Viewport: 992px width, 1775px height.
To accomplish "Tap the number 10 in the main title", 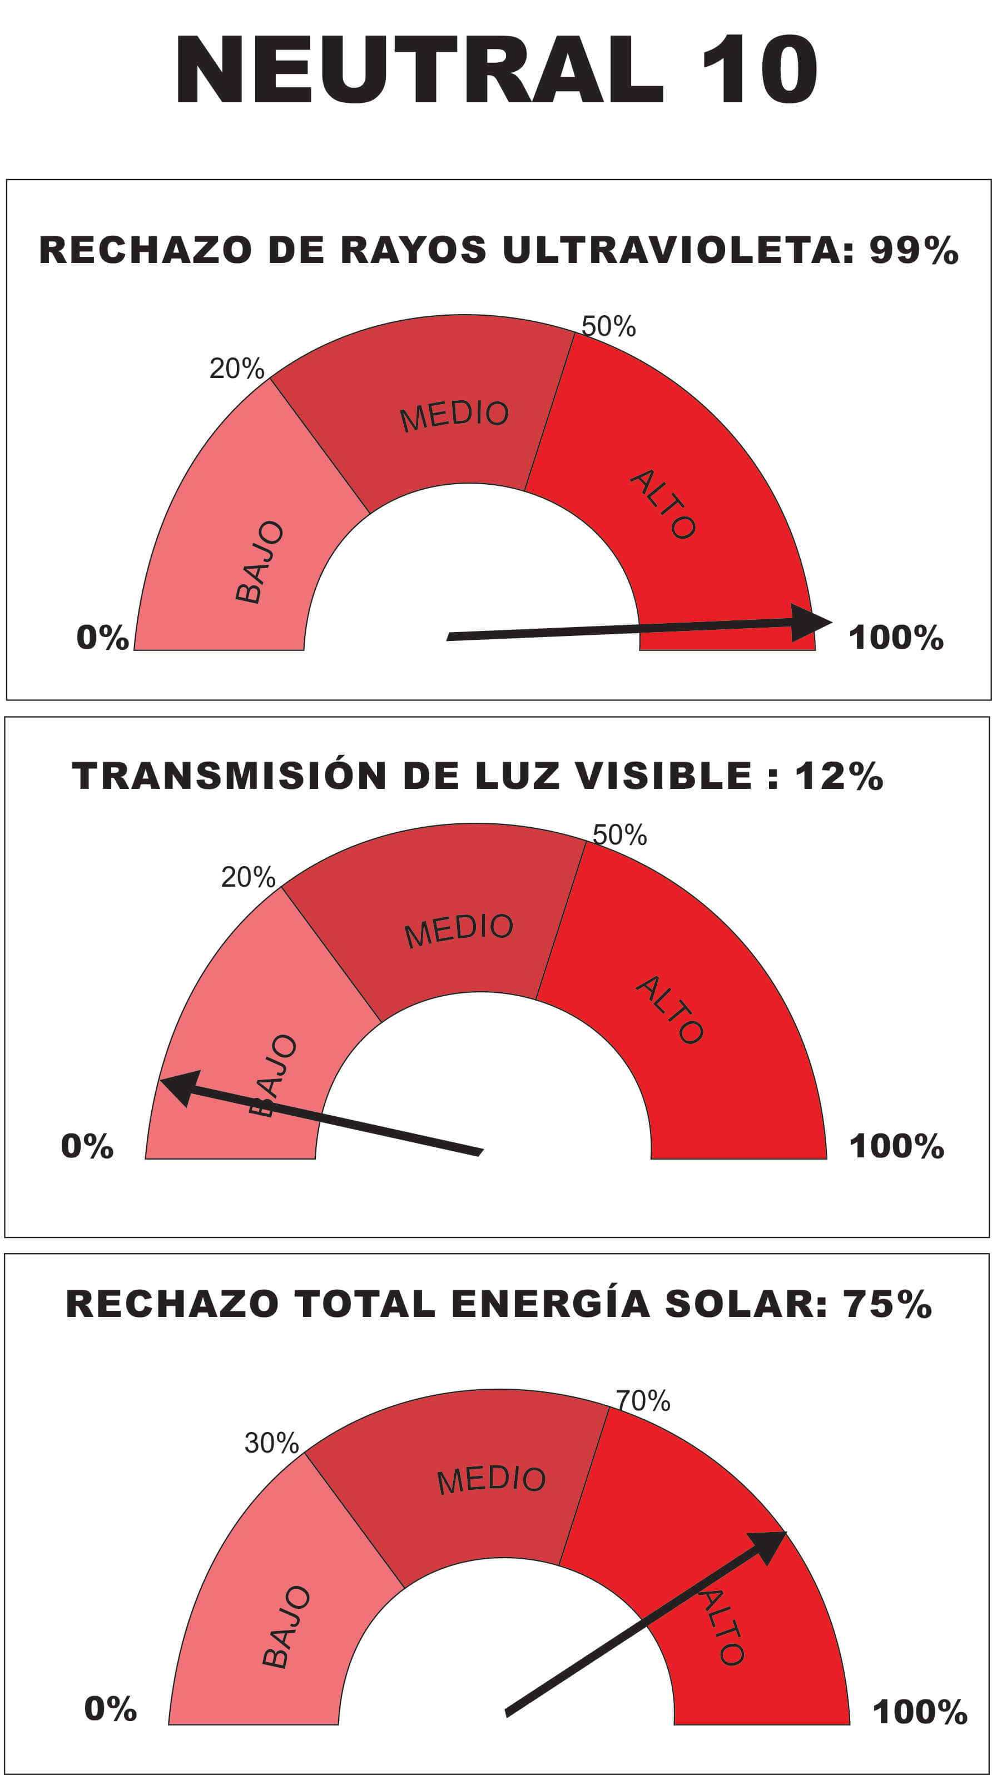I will tap(759, 69).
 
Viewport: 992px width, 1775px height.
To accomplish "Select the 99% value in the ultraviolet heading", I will tap(914, 250).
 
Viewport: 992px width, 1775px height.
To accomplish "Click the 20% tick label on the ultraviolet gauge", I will tap(236, 369).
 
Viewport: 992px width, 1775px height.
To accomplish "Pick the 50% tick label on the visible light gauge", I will tap(619, 835).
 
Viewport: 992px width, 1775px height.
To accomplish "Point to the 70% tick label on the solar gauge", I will tap(642, 1401).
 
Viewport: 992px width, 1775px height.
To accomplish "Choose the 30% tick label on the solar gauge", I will tap(271, 1443).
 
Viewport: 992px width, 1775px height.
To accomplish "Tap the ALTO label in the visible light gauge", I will tap(669, 1010).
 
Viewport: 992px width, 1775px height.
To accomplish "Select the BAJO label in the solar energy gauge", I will tap(286, 1627).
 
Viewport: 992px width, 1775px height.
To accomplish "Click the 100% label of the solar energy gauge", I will tap(920, 1712).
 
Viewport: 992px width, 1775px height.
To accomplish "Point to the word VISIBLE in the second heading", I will tap(663, 776).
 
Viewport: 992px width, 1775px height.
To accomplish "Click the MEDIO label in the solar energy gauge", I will tap(491, 1479).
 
